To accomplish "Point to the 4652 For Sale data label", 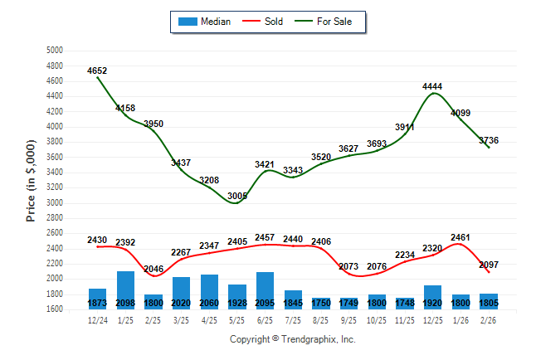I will pos(97,71).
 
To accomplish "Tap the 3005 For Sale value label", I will pos(237,196).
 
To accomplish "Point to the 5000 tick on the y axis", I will pos(54,51).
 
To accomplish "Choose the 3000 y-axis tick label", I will pos(54,203).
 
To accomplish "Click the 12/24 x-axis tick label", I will pos(97,319).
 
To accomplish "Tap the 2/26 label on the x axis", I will pos(490,319).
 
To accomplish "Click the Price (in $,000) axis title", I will pos(31,180).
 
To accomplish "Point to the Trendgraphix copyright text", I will pos(292,339).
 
